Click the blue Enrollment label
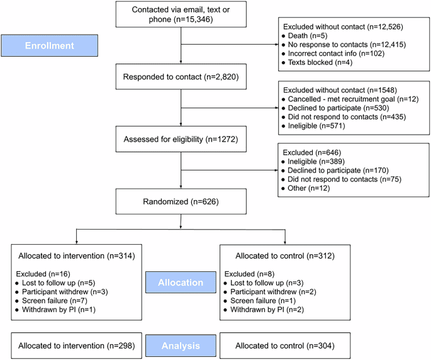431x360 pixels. point(49,46)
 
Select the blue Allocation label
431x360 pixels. point(181,283)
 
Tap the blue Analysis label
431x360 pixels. point(181,346)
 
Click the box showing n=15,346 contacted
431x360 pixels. point(181,14)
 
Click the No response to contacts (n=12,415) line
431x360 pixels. point(340,45)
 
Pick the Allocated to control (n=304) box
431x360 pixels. point(284,346)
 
